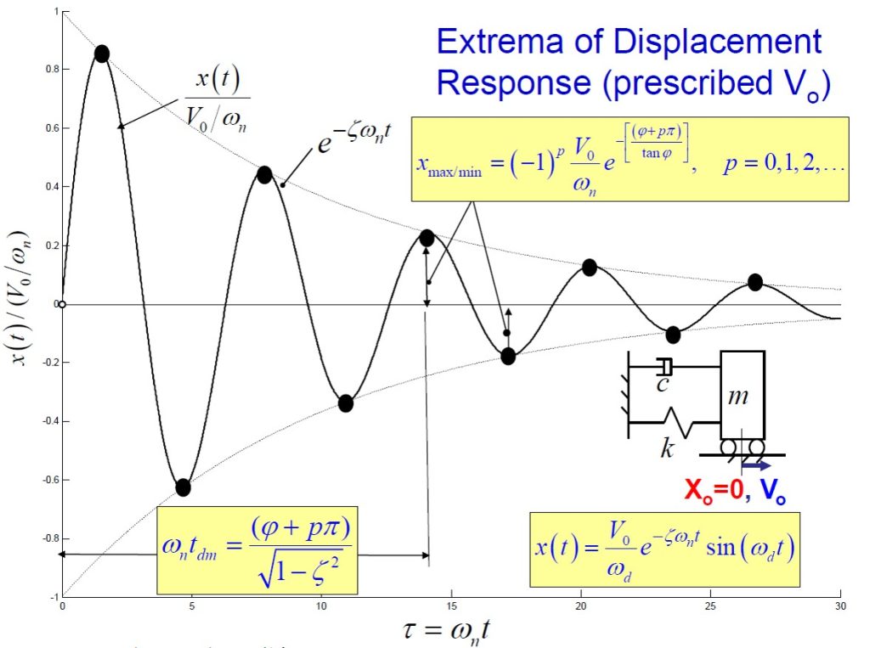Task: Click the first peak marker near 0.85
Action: click(x=102, y=54)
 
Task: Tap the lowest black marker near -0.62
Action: click(x=183, y=487)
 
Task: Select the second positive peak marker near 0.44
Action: click(x=264, y=175)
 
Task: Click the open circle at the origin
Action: click(x=61, y=304)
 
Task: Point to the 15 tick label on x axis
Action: click(x=451, y=606)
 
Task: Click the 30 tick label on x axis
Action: click(x=840, y=606)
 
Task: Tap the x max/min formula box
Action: click(x=630, y=159)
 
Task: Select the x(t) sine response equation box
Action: click(x=664, y=549)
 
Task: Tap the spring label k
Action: click(x=667, y=448)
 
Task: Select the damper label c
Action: click(x=665, y=385)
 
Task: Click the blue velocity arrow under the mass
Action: click(x=755, y=465)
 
